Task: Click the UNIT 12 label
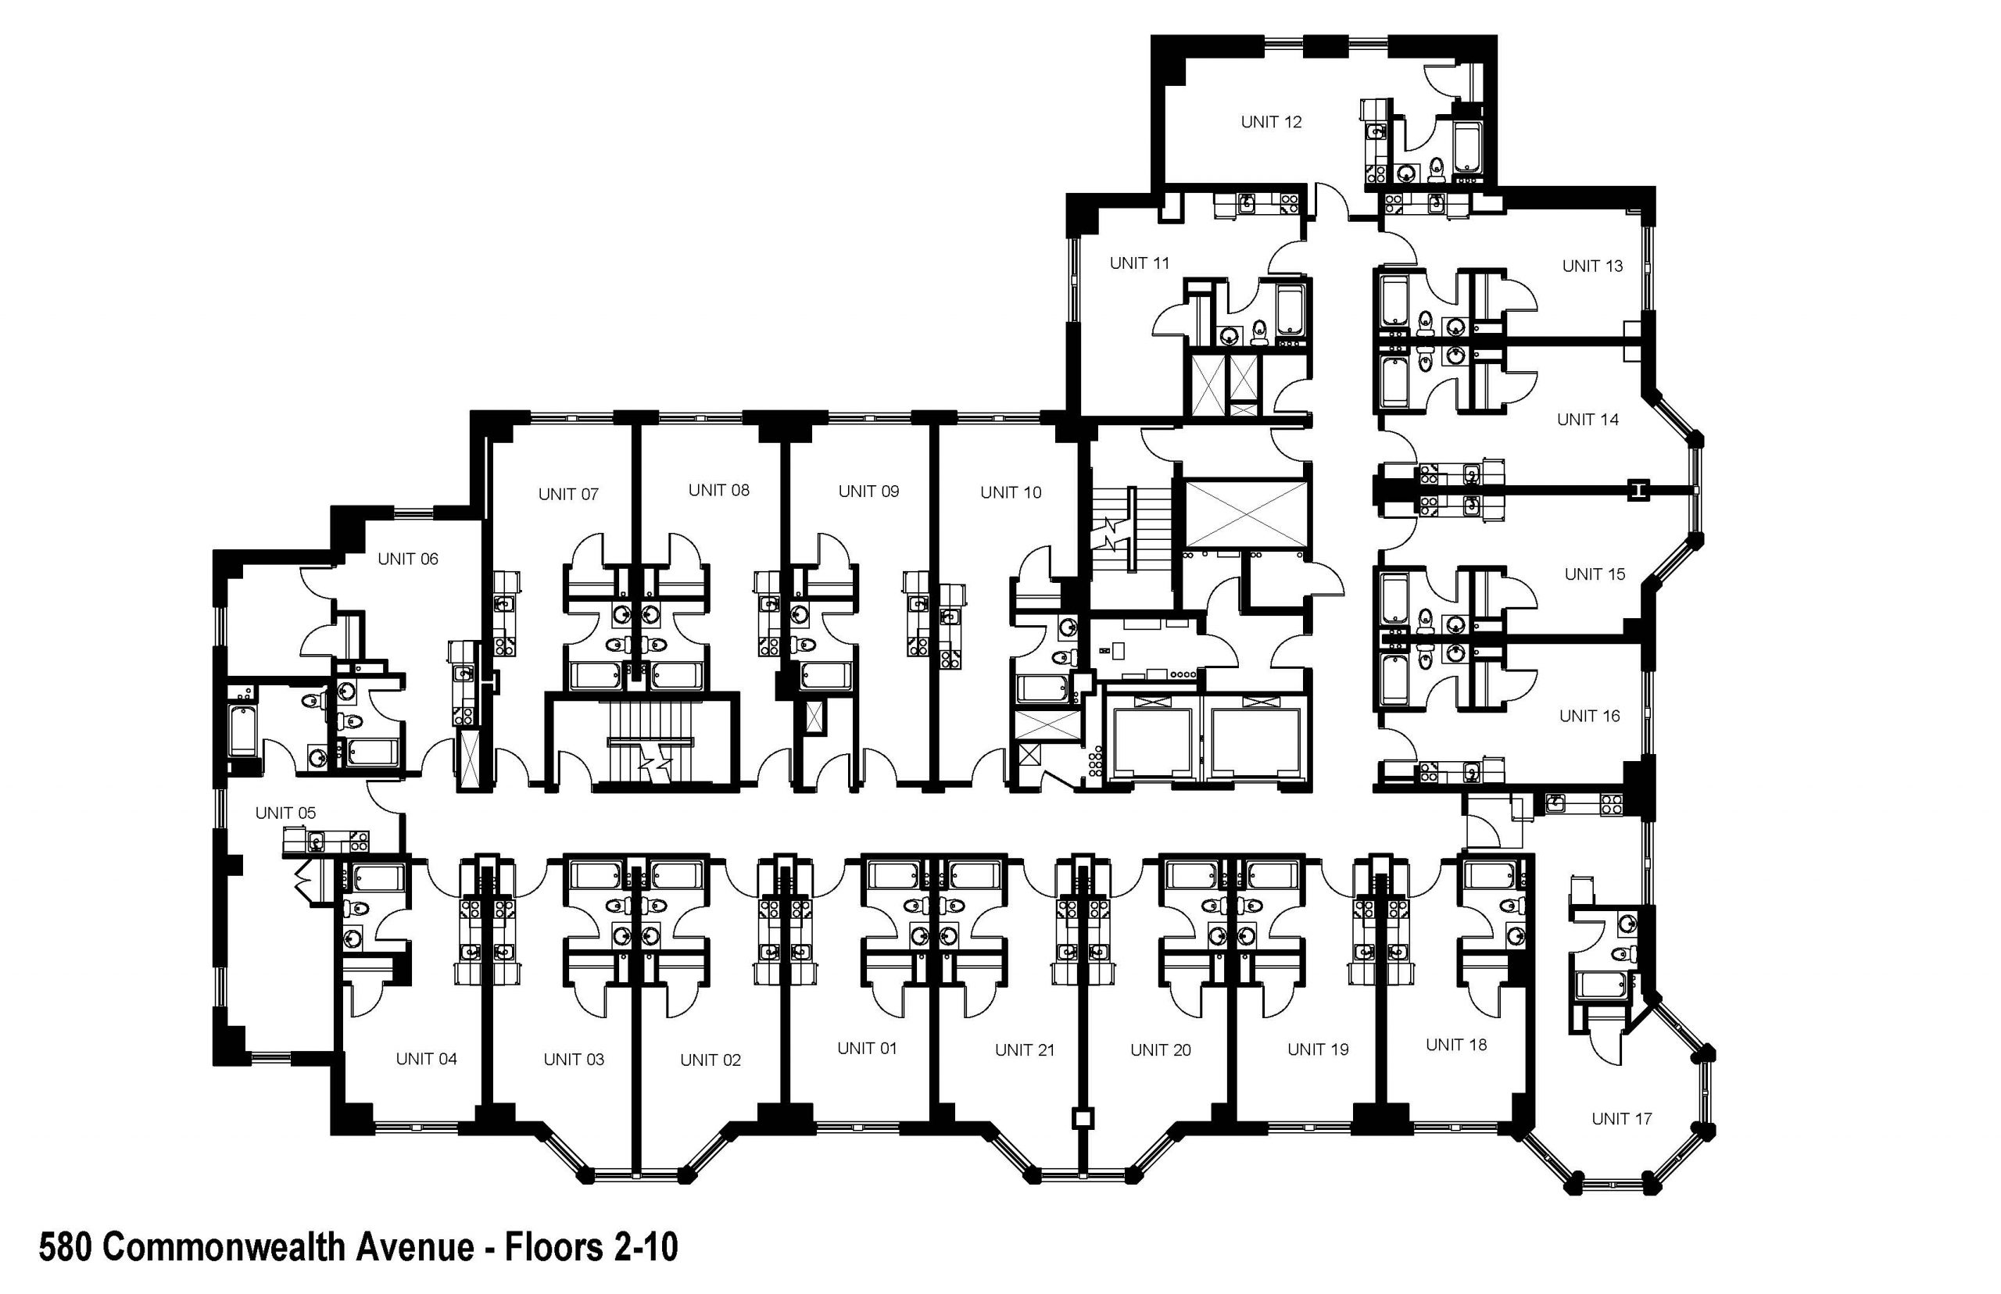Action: [x=1270, y=122]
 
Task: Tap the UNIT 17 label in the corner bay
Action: [x=1620, y=1118]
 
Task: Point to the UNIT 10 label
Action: [x=1010, y=492]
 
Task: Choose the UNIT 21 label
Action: [x=1024, y=1049]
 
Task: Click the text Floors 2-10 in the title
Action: [x=590, y=1247]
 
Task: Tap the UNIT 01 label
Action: [x=867, y=1048]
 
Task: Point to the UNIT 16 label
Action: [x=1588, y=716]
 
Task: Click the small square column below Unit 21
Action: [x=1083, y=1118]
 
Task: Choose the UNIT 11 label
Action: [x=1139, y=263]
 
